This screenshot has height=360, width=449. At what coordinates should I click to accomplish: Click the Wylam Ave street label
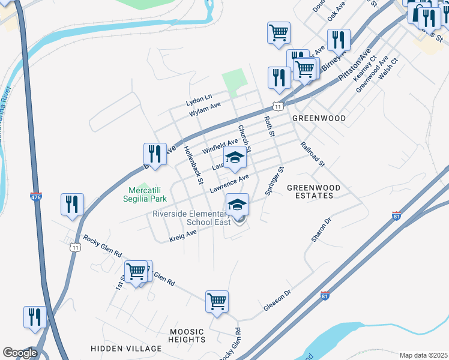click(x=205, y=109)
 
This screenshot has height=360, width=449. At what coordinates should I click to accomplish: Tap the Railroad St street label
click(x=312, y=154)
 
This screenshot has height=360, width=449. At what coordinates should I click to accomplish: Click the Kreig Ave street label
click(x=183, y=233)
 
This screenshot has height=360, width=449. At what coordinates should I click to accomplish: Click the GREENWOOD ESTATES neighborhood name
click(x=313, y=191)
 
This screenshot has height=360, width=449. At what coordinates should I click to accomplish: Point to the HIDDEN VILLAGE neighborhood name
click(x=126, y=349)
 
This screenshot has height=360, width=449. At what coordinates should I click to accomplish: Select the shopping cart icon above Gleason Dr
click(x=217, y=302)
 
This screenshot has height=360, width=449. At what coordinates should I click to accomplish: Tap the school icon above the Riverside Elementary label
click(x=238, y=205)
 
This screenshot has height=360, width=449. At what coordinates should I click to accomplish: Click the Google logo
click(x=20, y=353)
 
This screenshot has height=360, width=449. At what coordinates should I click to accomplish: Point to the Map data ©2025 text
click(x=423, y=355)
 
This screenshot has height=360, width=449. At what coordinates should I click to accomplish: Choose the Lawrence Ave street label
click(x=229, y=184)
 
